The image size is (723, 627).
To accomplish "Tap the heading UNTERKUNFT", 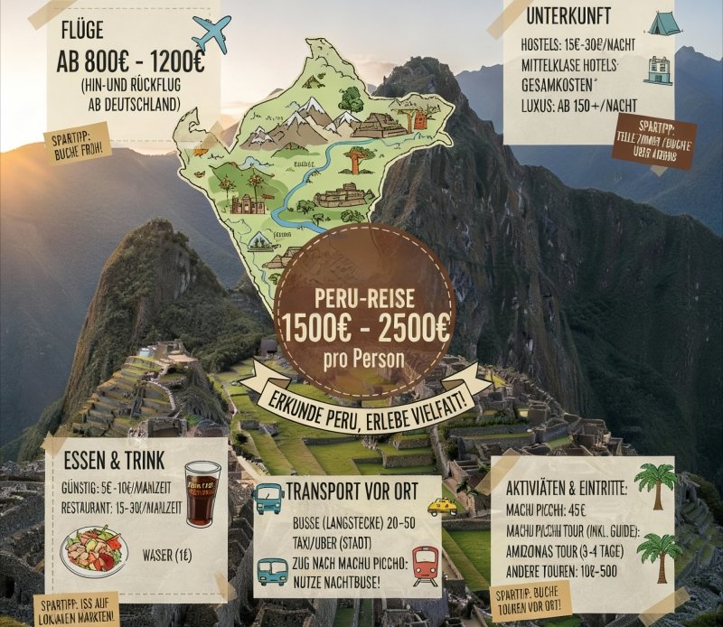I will [x=568, y=15].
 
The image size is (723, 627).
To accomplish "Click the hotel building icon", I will [x=658, y=69].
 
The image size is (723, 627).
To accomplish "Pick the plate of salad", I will [x=94, y=550].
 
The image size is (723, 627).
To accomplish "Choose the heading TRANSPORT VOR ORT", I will [x=351, y=492].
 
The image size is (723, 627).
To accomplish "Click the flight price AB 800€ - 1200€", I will [x=130, y=63].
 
